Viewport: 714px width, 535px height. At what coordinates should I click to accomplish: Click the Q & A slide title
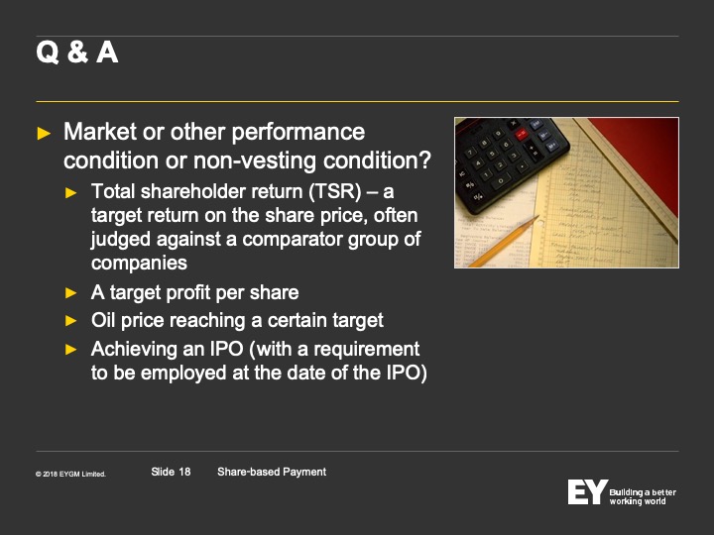pos(77,52)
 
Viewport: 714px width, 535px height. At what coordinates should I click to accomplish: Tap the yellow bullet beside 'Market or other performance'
pos(44,134)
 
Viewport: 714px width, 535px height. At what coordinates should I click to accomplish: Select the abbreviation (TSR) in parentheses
pos(335,191)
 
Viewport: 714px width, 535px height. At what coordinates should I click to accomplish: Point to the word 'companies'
pos(139,263)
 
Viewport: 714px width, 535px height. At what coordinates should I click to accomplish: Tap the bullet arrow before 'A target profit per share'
pos(71,293)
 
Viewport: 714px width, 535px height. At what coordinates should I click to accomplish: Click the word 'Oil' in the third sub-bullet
pos(103,320)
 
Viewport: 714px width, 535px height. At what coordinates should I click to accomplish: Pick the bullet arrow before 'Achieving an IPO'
pos(71,350)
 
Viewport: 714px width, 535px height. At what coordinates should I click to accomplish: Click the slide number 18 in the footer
pos(184,472)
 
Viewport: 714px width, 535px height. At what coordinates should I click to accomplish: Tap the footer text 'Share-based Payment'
pos(272,472)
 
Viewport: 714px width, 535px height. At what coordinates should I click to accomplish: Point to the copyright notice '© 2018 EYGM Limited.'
pos(70,474)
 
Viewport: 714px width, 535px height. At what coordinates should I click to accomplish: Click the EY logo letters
pos(587,491)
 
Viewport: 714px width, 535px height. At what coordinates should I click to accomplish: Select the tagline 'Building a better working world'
pos(643,496)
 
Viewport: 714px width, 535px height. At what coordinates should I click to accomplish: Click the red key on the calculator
pos(522,134)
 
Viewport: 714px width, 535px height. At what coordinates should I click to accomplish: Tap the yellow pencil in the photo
pos(503,243)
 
